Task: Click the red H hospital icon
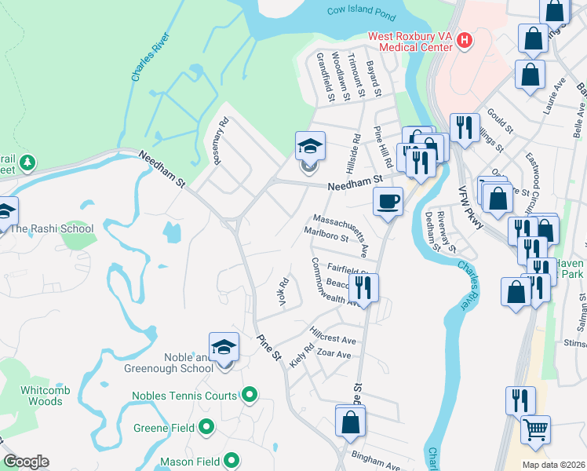coord(464,40)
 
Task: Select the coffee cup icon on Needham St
coord(388,202)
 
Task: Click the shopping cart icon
coord(535,429)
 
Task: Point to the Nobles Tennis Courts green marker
coord(250,394)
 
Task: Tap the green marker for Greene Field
coord(207,427)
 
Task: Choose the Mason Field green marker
coord(232,461)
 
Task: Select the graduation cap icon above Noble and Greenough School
coord(224,347)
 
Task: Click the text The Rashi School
coord(51,229)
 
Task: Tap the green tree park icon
coord(27,162)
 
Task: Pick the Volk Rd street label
coord(284,292)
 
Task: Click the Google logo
coord(26,462)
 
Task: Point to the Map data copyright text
coord(552,465)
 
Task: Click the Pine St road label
coord(269,346)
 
